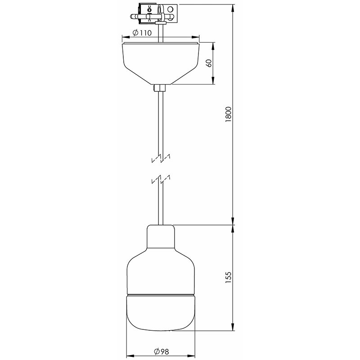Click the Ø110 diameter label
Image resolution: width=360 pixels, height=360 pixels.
(x=142, y=33)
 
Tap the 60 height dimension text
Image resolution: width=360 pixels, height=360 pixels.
(x=209, y=63)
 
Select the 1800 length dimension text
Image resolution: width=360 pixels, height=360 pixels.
(x=229, y=114)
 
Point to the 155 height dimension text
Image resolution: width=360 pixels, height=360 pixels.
(x=229, y=277)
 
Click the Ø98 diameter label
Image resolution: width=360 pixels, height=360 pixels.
(x=162, y=351)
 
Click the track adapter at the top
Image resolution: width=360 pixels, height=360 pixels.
(x=154, y=14)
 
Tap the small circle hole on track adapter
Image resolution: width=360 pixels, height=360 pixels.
(x=170, y=9)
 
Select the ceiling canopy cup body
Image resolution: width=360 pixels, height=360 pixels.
(x=161, y=63)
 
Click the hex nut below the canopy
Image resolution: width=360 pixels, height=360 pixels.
(x=159, y=88)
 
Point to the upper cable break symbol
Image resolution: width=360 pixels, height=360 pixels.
(x=161, y=158)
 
